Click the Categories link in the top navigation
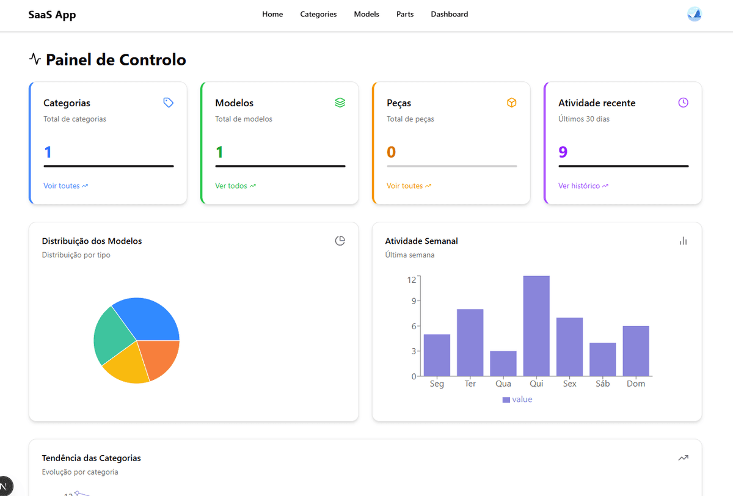point(318,14)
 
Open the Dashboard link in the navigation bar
point(449,14)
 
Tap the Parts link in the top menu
point(404,14)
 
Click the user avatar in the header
point(694,14)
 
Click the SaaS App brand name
point(52,15)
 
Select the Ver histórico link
point(583,186)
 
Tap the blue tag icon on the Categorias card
point(169,103)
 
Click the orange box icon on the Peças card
point(511,103)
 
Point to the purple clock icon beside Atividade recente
point(683,103)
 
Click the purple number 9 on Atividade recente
point(563,152)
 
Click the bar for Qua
point(503,363)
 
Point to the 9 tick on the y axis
point(413,301)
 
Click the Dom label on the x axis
point(636,384)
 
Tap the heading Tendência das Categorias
point(91,458)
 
